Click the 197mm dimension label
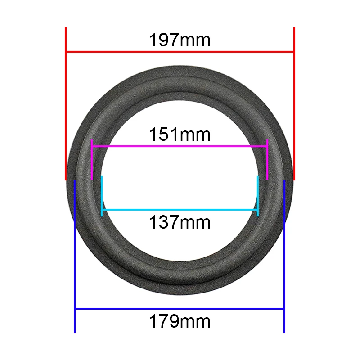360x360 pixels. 180,40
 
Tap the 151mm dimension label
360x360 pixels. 180,134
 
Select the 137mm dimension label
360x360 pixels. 180,222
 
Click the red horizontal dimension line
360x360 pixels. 180,52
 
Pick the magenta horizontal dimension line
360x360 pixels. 180,146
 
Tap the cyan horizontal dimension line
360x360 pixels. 180,210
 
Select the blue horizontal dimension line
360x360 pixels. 180,309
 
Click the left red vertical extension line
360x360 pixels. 66,103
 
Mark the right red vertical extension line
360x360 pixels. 294,103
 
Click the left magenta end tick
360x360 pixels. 92,160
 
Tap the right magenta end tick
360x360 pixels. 267,160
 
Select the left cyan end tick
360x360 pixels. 102,196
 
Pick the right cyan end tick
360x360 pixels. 258,196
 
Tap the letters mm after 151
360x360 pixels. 195,134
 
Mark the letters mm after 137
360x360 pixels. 195,222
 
